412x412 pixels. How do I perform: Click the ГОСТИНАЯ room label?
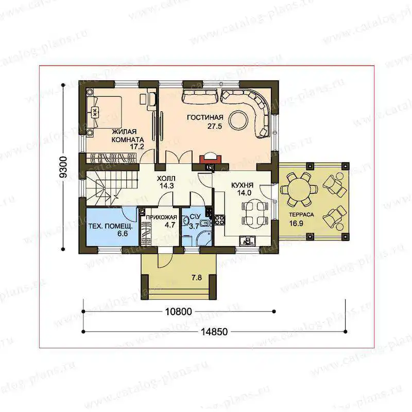point(205,117)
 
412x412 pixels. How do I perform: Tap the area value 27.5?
point(215,126)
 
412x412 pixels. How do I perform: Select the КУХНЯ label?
point(242,185)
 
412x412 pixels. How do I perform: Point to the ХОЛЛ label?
point(166,179)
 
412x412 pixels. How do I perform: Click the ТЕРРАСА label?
point(301,215)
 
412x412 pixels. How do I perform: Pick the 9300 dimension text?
point(63,167)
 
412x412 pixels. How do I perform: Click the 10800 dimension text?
point(178,312)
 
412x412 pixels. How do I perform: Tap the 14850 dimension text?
point(214,332)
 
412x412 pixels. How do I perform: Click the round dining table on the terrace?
point(299,189)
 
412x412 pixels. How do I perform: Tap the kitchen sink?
point(247,241)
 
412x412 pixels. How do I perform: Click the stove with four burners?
point(220,220)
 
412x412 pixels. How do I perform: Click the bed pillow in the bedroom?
point(95,112)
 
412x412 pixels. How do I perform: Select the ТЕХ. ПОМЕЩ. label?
point(110,226)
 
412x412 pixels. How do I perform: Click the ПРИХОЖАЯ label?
point(161,217)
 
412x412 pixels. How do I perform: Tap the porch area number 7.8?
point(197,278)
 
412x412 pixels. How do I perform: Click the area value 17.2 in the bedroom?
point(137,147)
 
